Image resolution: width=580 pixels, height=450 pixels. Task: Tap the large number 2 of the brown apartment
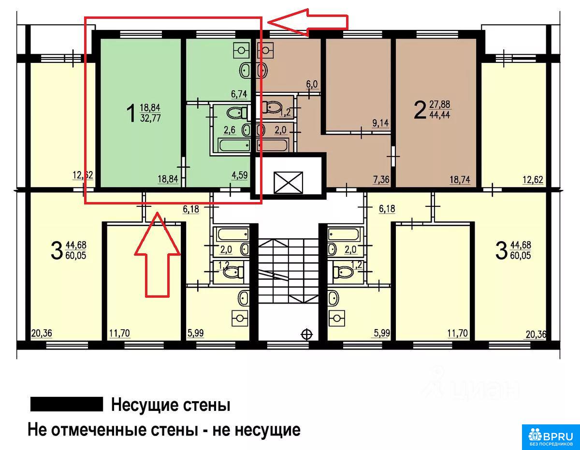click(x=420, y=111)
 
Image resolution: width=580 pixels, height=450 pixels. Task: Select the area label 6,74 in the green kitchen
click(x=239, y=94)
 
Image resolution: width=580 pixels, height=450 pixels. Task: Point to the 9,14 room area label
click(x=380, y=123)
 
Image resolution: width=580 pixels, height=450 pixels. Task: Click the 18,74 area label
click(x=460, y=180)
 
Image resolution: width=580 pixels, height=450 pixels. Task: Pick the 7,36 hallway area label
click(x=381, y=180)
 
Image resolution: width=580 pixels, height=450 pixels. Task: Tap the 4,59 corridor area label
click(x=240, y=175)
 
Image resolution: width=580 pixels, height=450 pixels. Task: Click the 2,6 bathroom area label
click(x=230, y=130)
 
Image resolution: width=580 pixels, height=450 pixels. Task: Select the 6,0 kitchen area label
click(x=312, y=84)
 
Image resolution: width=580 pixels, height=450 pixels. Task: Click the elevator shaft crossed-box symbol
click(x=288, y=183)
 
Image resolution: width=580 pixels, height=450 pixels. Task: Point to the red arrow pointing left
click(x=308, y=22)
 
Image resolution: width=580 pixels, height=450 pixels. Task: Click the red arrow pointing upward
click(x=158, y=254)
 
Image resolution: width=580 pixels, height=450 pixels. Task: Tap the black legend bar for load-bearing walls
click(x=67, y=404)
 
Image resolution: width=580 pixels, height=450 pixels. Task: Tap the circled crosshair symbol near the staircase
click(x=307, y=334)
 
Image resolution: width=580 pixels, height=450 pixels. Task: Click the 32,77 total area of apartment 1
click(x=150, y=118)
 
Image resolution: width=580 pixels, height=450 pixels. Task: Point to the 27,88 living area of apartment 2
click(x=440, y=104)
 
